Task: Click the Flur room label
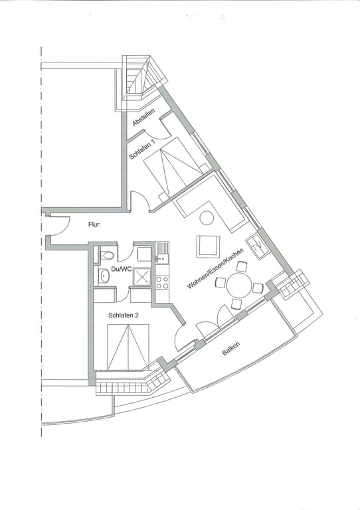tap(94, 224)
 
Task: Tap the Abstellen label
tap(144, 118)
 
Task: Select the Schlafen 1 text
tap(142, 149)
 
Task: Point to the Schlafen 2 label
tap(124, 315)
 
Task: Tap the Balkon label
tap(231, 349)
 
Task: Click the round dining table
tap(239, 286)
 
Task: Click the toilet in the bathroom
tap(106, 255)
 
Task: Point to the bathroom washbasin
tap(104, 276)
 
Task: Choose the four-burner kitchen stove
tap(161, 282)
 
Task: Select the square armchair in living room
tap(208, 246)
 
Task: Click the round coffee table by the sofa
tap(207, 218)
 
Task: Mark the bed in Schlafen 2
tap(128, 347)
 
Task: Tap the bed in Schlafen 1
tap(171, 167)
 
